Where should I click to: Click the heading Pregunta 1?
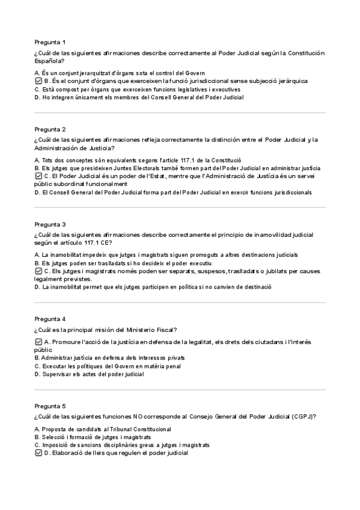click(x=50, y=42)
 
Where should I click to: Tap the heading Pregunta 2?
click(x=50, y=129)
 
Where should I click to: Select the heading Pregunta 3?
click(x=50, y=224)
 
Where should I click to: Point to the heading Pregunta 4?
click(x=50, y=319)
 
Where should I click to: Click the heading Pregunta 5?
click(x=50, y=406)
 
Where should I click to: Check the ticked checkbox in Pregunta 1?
click(x=38, y=81)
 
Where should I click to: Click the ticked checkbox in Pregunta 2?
click(x=38, y=176)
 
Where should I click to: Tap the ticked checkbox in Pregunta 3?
click(x=38, y=271)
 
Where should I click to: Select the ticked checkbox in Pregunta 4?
click(x=38, y=342)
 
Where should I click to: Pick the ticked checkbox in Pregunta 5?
click(x=38, y=453)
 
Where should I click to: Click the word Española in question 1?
click(x=49, y=61)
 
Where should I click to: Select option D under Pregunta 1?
click(x=138, y=97)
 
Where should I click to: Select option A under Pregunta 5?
click(x=102, y=429)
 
